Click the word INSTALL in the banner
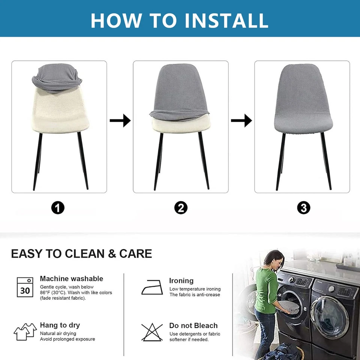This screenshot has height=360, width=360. (x=226, y=20)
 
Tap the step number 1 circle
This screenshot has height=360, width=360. (x=58, y=208)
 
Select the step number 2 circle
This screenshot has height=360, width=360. (x=181, y=208)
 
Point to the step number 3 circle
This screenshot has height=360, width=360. (x=303, y=208)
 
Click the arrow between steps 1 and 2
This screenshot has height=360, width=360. (x=120, y=120)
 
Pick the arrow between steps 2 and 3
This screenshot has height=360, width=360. (x=241, y=120)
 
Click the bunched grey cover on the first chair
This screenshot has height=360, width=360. (x=57, y=78)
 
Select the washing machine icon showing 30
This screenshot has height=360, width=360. (x=25, y=287)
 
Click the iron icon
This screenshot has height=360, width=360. (x=152, y=287)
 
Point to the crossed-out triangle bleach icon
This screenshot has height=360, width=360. (x=152, y=332)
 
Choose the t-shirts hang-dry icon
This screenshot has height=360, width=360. (x=25, y=331)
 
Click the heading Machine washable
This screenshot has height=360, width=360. (x=71, y=279)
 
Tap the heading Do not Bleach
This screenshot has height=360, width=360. (x=193, y=325)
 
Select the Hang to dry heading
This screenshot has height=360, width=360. (x=60, y=325)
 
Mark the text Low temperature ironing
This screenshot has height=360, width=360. (x=195, y=289)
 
